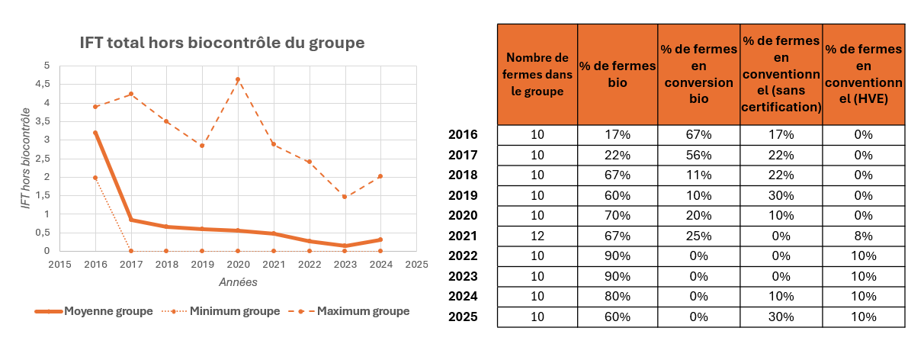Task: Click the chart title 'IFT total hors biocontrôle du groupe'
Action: click(223, 43)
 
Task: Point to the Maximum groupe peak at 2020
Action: click(238, 79)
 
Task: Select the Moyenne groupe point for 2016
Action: click(95, 132)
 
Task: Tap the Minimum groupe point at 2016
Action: click(95, 177)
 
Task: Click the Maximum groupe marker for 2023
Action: click(345, 197)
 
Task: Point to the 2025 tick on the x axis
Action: click(416, 264)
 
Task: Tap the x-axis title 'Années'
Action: click(238, 281)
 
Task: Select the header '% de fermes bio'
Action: click(618, 74)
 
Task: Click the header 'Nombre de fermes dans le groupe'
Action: click(537, 74)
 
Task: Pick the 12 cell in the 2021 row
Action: click(537, 236)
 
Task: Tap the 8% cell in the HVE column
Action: click(864, 236)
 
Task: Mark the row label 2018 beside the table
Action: click(464, 175)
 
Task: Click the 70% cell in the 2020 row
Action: click(618, 216)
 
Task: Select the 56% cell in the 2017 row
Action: click(698, 155)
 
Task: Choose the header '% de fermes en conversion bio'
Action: click(698, 74)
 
